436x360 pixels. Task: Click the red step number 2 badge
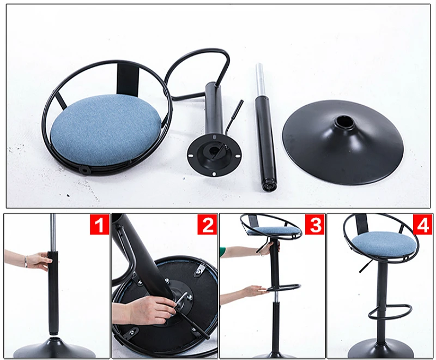click(x=207, y=224)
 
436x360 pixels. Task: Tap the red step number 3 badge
click(x=314, y=224)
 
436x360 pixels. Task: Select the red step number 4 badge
click(x=422, y=224)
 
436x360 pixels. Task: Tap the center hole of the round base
click(x=344, y=121)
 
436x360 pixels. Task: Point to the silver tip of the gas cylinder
click(x=260, y=73)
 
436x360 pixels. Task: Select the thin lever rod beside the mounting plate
click(x=235, y=116)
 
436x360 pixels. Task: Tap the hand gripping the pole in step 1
click(x=39, y=261)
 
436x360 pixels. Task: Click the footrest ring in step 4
click(x=390, y=311)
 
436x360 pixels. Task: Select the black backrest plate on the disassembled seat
click(x=128, y=79)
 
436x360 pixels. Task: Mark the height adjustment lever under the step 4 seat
click(x=365, y=266)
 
